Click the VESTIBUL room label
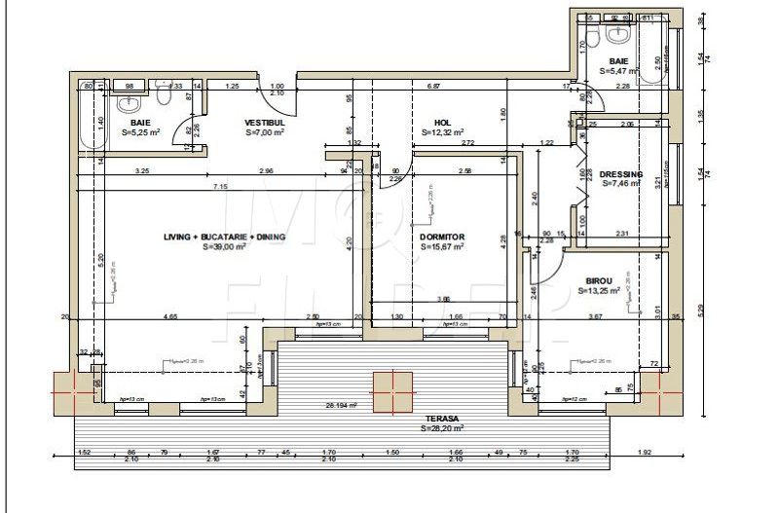(264, 123)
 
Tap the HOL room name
(442, 123)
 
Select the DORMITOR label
(442, 237)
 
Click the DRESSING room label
(621, 173)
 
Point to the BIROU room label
(599, 278)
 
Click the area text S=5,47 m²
(619, 71)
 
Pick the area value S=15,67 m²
(442, 247)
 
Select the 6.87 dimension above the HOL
(434, 87)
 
